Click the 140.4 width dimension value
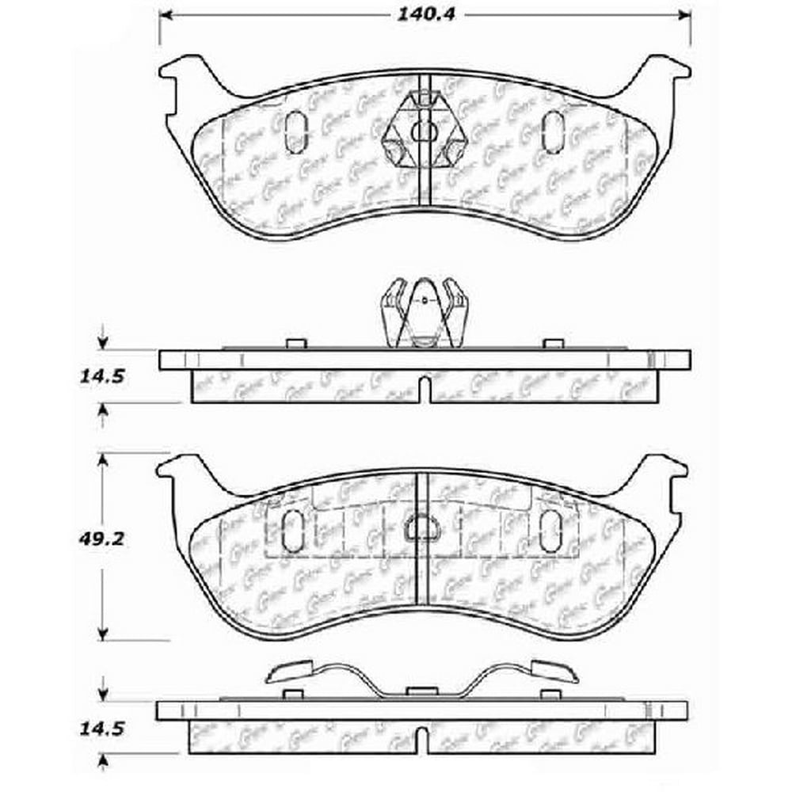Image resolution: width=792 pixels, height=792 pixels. click(425, 13)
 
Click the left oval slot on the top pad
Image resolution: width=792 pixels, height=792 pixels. click(294, 131)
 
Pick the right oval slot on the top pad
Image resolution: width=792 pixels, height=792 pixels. click(552, 131)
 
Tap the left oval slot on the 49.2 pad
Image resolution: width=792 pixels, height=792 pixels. click(292, 530)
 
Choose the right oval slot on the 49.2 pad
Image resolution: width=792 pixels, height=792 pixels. click(550, 530)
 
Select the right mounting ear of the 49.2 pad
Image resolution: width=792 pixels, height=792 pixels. click(664, 474)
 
